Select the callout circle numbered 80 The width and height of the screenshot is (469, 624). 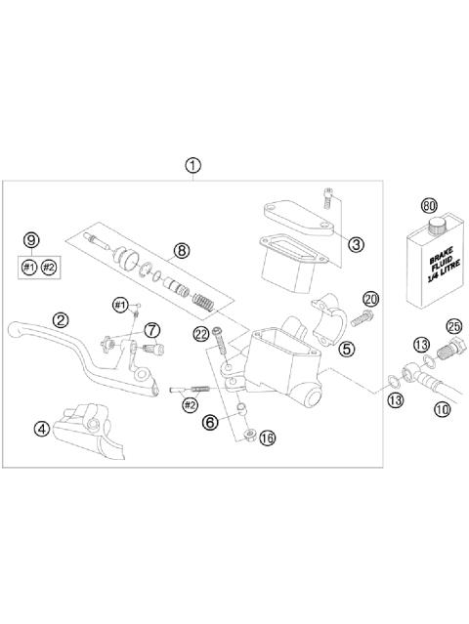tap(428, 206)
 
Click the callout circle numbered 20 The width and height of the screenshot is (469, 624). tap(370, 298)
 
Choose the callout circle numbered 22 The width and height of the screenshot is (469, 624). tap(200, 334)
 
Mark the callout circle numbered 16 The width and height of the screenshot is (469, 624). tap(268, 438)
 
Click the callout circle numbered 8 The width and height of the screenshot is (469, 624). tap(181, 250)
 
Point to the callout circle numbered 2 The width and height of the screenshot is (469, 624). tap(61, 318)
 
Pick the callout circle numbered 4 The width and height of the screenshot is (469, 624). tap(41, 427)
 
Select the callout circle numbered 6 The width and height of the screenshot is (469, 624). tap(209, 421)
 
